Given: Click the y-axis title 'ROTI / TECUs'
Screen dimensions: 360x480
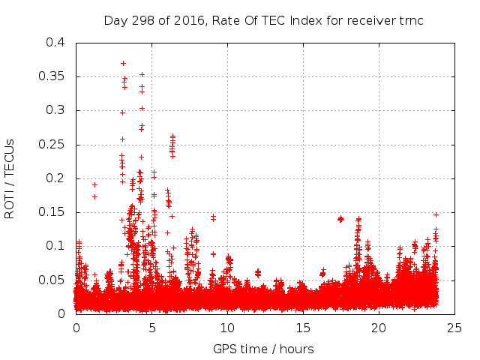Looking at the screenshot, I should tap(10, 178).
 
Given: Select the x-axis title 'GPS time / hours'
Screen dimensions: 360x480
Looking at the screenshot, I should tap(263, 349).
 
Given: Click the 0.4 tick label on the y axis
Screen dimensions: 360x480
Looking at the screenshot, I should tap(54, 42).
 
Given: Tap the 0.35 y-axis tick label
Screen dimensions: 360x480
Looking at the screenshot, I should tap(51, 76).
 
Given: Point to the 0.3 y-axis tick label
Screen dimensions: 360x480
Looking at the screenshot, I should tap(54, 110).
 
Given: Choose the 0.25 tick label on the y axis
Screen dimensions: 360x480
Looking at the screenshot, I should tap(51, 145).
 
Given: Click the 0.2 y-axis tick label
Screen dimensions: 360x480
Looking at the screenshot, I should tap(54, 178).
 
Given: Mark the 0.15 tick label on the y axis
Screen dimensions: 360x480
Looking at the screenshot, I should tap(51, 212).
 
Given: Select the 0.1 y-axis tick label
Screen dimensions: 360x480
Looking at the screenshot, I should tap(54, 246).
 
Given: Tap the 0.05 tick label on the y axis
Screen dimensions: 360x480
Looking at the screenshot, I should tap(51, 280).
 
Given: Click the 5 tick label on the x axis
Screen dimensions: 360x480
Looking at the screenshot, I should tap(152, 328).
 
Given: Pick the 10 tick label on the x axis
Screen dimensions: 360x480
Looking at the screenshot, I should tap(228, 328).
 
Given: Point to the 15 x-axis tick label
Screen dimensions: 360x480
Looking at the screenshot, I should tap(303, 328).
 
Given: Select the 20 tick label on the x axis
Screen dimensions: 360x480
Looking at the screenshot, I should tap(379, 328).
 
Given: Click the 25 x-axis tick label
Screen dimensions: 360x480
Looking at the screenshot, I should tap(454, 328).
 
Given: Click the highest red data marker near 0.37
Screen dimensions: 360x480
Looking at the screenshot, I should tap(123, 63).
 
